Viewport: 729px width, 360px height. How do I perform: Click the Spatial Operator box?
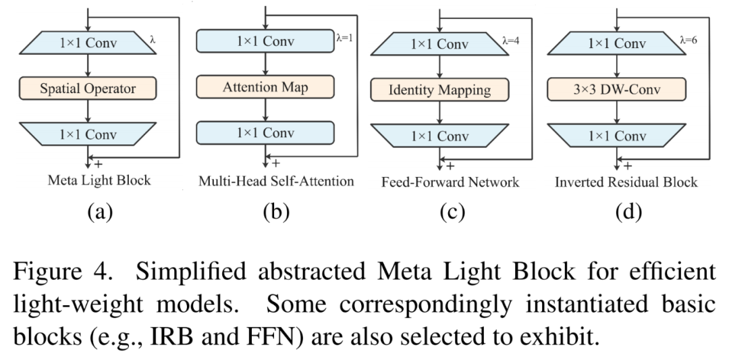click(x=88, y=88)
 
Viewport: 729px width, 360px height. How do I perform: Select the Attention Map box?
click(x=265, y=87)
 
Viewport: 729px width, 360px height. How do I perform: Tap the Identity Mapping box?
click(x=440, y=90)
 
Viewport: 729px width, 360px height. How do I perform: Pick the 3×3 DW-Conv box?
click(x=616, y=89)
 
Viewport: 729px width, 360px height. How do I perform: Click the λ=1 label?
click(x=344, y=38)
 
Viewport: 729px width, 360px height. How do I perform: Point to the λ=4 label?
click(x=510, y=41)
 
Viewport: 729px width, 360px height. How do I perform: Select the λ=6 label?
click(x=688, y=40)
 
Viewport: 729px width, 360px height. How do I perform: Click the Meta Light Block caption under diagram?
click(x=99, y=180)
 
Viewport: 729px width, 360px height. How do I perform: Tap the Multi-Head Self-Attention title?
click(x=276, y=180)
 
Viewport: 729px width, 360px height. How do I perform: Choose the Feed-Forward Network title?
click(x=450, y=182)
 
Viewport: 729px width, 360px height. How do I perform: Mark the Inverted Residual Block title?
click(x=626, y=182)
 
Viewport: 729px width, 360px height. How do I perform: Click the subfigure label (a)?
click(x=100, y=212)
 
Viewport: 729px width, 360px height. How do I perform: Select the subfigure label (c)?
click(x=452, y=212)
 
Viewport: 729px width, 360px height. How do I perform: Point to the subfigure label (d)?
click(x=628, y=212)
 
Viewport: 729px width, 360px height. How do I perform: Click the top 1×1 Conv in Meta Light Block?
click(x=88, y=43)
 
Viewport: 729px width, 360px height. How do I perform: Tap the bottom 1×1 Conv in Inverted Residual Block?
click(x=616, y=135)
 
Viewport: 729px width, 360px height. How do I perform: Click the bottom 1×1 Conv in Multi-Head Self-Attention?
click(x=265, y=133)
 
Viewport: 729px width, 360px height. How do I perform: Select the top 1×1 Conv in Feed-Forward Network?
click(x=440, y=44)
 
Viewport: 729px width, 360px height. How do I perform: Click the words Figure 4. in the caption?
click(x=63, y=272)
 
